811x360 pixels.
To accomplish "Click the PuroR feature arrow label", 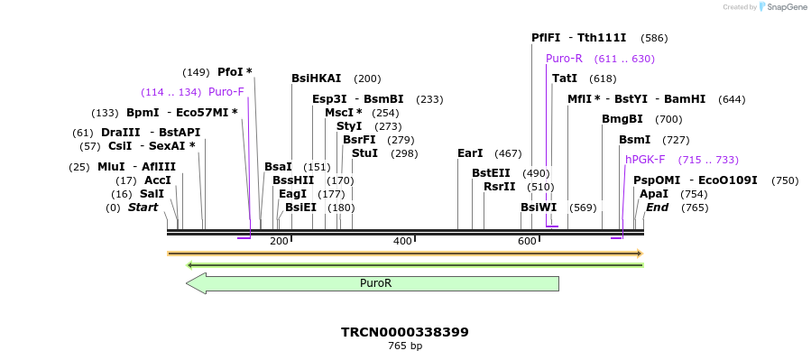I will point(375,283).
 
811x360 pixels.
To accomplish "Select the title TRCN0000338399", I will point(405,332).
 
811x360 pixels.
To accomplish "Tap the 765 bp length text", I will point(405,346).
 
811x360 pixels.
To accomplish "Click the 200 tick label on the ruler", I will point(279,241).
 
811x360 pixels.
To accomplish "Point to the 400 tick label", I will point(402,241).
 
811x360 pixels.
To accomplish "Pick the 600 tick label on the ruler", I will point(527,241).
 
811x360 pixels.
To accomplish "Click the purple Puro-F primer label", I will point(226,92).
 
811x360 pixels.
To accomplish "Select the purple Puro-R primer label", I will point(564,59).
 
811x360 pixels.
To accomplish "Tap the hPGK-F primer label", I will point(645,160).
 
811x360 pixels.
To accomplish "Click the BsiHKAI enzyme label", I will point(317,78).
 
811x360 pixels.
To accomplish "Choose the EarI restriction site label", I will point(470,153).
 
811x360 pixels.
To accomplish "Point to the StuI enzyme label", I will point(364,153).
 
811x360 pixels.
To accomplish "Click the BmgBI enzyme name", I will point(622,119).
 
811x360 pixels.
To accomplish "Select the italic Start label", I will point(143,208).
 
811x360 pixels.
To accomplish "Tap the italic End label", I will point(657,208).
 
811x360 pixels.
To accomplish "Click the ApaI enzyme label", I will point(654,194).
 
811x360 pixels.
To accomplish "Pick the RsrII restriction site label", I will point(499,187).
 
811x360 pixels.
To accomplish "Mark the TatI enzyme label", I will point(565,78).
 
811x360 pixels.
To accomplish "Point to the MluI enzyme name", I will point(111,167).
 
